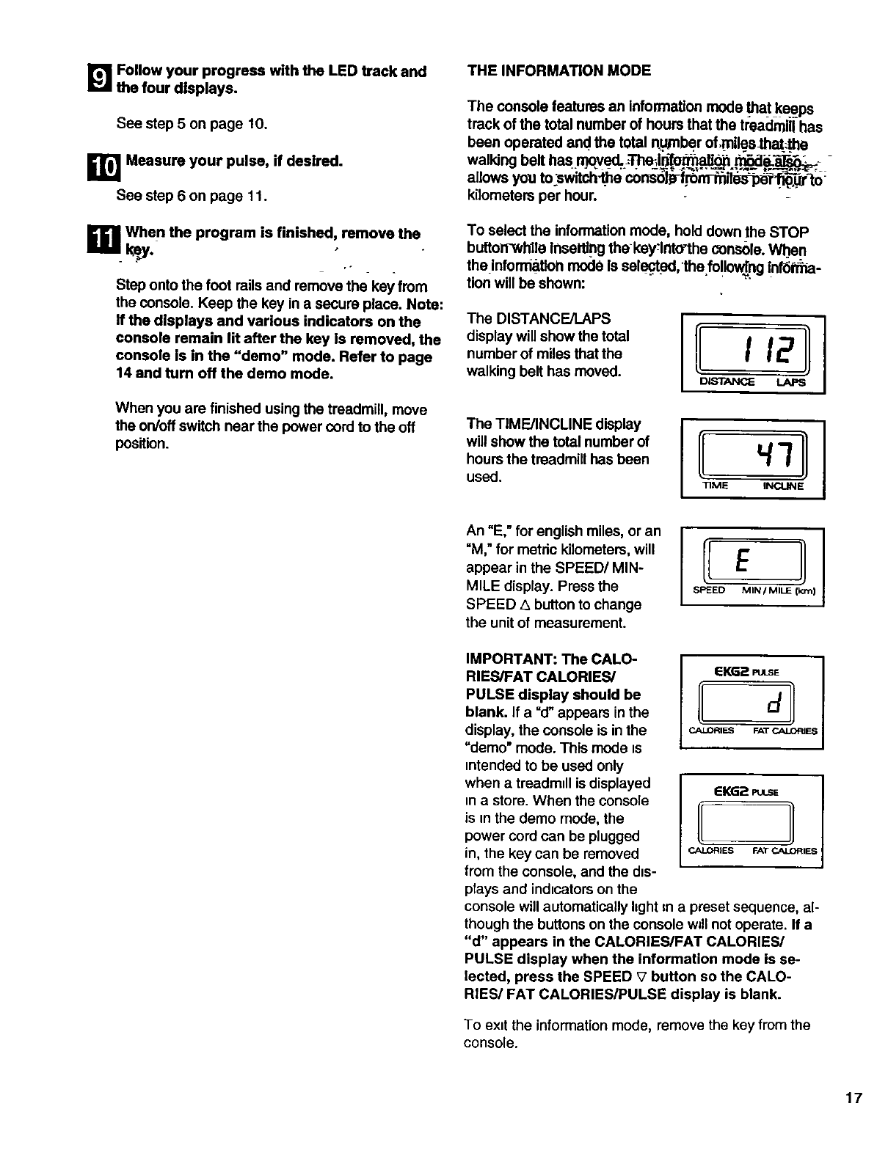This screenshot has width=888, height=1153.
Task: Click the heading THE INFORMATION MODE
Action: (x=559, y=70)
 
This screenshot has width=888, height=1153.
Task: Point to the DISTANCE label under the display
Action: (x=727, y=382)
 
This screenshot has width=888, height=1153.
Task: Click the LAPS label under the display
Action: (x=790, y=382)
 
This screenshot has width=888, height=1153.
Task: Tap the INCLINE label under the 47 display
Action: (x=783, y=486)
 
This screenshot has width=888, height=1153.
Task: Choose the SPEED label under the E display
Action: (x=709, y=591)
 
